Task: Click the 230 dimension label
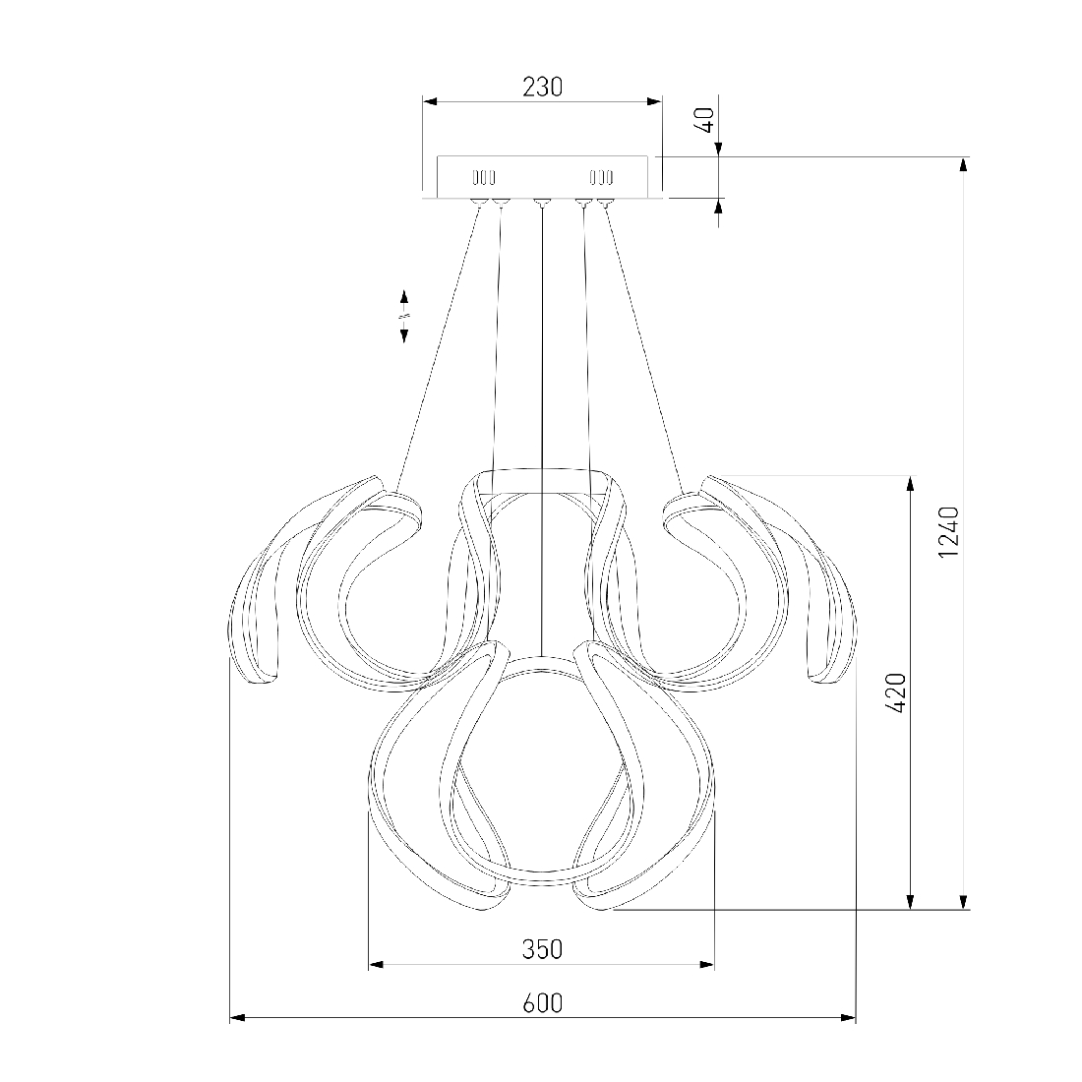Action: click(542, 87)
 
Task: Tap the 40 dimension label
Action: click(706, 121)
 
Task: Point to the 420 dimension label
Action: click(895, 692)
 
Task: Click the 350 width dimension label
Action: click(542, 949)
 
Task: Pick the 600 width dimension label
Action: click(542, 1002)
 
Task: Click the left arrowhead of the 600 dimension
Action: click(237, 1017)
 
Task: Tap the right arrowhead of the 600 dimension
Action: click(848, 1017)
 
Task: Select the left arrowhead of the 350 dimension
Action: click(376, 963)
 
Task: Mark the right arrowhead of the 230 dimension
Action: click(653, 101)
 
